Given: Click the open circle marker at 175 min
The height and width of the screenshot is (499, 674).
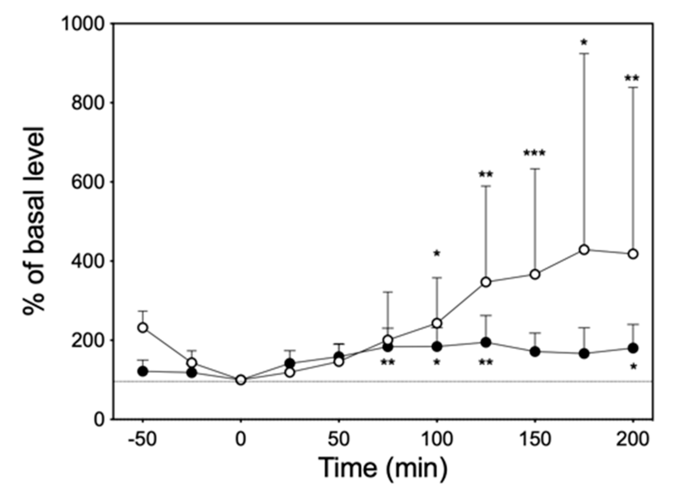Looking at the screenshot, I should [x=584, y=250].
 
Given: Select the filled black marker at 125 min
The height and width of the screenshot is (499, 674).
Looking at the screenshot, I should [x=486, y=342].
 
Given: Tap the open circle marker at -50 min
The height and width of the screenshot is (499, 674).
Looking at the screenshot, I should [x=143, y=327].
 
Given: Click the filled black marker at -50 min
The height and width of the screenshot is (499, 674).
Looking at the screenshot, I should [x=143, y=371].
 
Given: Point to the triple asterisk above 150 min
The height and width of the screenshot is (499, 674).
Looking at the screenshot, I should [x=534, y=153].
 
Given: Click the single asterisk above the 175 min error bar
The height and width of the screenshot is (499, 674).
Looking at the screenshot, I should [x=583, y=42].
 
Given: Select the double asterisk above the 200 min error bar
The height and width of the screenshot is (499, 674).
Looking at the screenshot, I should [x=632, y=78].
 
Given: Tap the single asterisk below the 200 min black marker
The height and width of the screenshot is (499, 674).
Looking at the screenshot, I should [x=634, y=366].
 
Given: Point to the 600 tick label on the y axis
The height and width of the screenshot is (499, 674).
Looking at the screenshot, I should [x=88, y=182].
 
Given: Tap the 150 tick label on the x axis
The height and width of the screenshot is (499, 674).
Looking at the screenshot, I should [x=535, y=439].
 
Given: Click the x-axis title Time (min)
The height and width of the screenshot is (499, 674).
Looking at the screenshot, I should [x=383, y=468].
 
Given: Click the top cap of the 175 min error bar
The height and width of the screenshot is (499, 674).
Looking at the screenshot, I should [x=584, y=53].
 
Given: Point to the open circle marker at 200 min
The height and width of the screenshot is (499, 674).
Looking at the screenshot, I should [x=633, y=254].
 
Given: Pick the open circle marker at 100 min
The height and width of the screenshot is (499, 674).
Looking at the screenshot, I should [x=437, y=323].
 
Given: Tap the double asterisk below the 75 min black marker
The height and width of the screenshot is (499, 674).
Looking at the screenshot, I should [x=388, y=362].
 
